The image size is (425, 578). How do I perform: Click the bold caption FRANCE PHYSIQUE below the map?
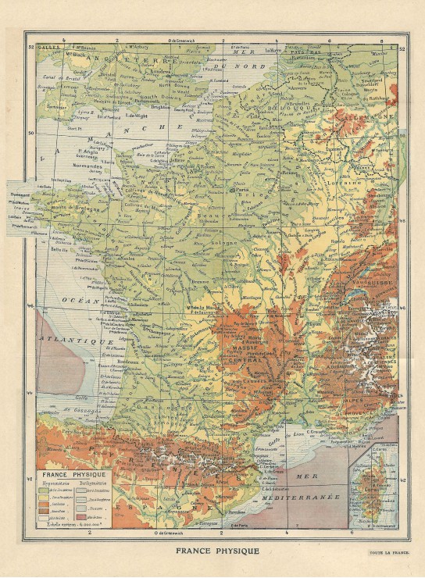(x=212, y=551)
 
